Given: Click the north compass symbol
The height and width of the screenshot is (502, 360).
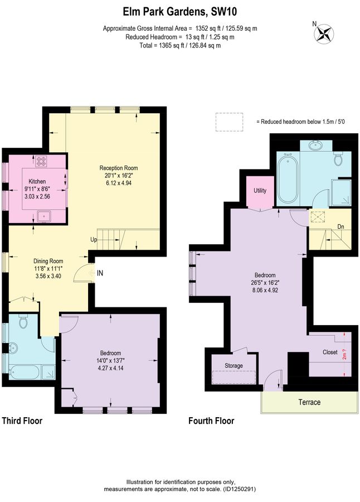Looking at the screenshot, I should (x=323, y=33).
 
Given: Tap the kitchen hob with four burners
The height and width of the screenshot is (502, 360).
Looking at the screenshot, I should (x=42, y=162).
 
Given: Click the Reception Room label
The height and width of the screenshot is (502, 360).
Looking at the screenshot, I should (x=119, y=168).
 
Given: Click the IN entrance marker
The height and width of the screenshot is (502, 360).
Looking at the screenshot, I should (x=100, y=273).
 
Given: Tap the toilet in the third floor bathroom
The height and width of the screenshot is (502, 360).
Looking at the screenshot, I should (x=23, y=322).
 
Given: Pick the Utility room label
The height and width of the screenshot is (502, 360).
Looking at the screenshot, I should (x=260, y=191).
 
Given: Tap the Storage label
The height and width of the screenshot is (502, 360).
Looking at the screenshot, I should (x=234, y=365).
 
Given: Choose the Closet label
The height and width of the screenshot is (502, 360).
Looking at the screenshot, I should (x=330, y=353).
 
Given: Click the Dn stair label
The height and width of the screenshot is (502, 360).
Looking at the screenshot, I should (x=341, y=226).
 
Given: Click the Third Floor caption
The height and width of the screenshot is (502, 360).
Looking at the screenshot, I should (x=22, y=421).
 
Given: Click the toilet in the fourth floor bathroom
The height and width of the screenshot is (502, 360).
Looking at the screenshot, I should (x=338, y=159).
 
